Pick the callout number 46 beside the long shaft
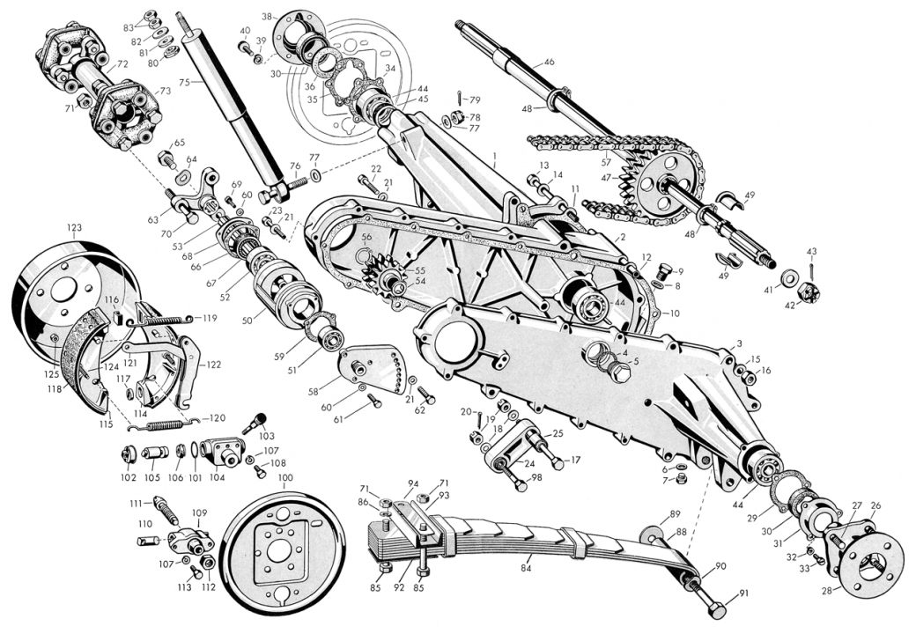point(549,62)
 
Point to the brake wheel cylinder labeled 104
point(219,452)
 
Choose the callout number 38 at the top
point(267,15)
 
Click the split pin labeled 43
point(810,265)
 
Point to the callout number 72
point(122,64)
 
